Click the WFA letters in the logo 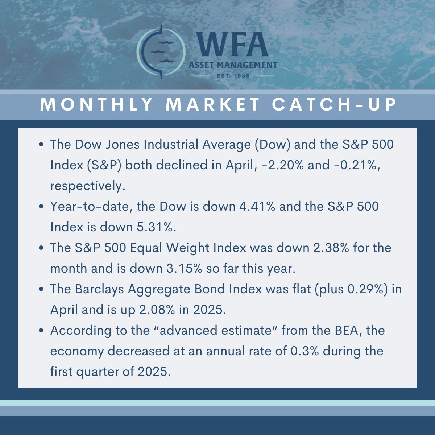pyautogui.click(x=232, y=44)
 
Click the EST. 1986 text pyautogui.click(x=233, y=76)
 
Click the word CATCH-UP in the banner pyautogui.click(x=334, y=104)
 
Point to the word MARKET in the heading pyautogui.click(x=213, y=104)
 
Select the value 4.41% pyautogui.click(x=257, y=206)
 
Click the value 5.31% pyautogui.click(x=156, y=227)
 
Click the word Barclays pyautogui.click(x=99, y=290)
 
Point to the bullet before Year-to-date pyautogui.click(x=41, y=207)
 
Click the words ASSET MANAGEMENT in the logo pyautogui.click(x=233, y=65)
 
